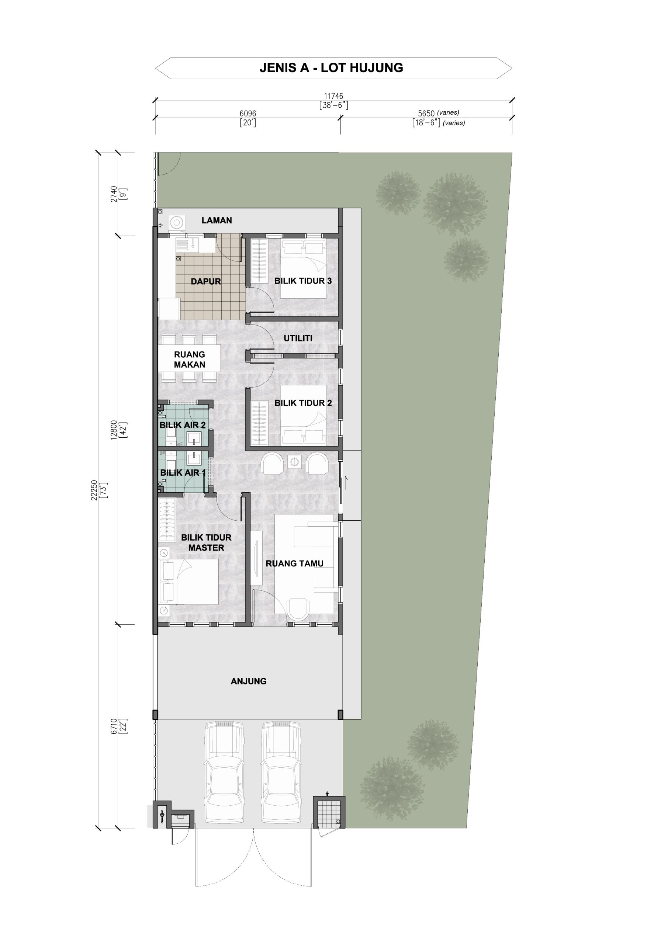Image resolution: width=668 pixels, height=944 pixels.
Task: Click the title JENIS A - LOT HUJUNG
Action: pos(331,68)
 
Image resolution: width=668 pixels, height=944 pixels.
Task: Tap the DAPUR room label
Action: pos(206,282)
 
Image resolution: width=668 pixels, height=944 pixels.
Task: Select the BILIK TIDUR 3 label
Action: pos(303,281)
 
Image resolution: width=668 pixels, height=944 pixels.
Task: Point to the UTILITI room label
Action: pos(298,339)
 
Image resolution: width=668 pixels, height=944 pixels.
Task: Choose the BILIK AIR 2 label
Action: pos(183,425)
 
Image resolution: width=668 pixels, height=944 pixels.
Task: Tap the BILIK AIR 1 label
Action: pos(183,473)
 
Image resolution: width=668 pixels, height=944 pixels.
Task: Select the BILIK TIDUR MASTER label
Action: pos(206,543)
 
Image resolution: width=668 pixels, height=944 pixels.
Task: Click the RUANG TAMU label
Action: pos(294,564)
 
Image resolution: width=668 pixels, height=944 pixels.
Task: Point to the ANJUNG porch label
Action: pos(249,681)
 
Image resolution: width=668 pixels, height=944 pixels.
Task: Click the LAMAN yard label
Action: pos(217,221)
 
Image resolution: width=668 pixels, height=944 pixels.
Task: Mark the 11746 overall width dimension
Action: pos(333,96)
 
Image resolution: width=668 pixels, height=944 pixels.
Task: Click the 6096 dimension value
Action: pos(248,114)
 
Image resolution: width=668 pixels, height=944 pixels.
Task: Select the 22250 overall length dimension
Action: pos(94,490)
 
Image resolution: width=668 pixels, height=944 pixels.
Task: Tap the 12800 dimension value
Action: pos(114,430)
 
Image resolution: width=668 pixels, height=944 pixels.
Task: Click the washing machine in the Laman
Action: pos(176,223)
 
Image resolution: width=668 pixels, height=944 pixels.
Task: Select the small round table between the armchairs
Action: pos(294,462)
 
